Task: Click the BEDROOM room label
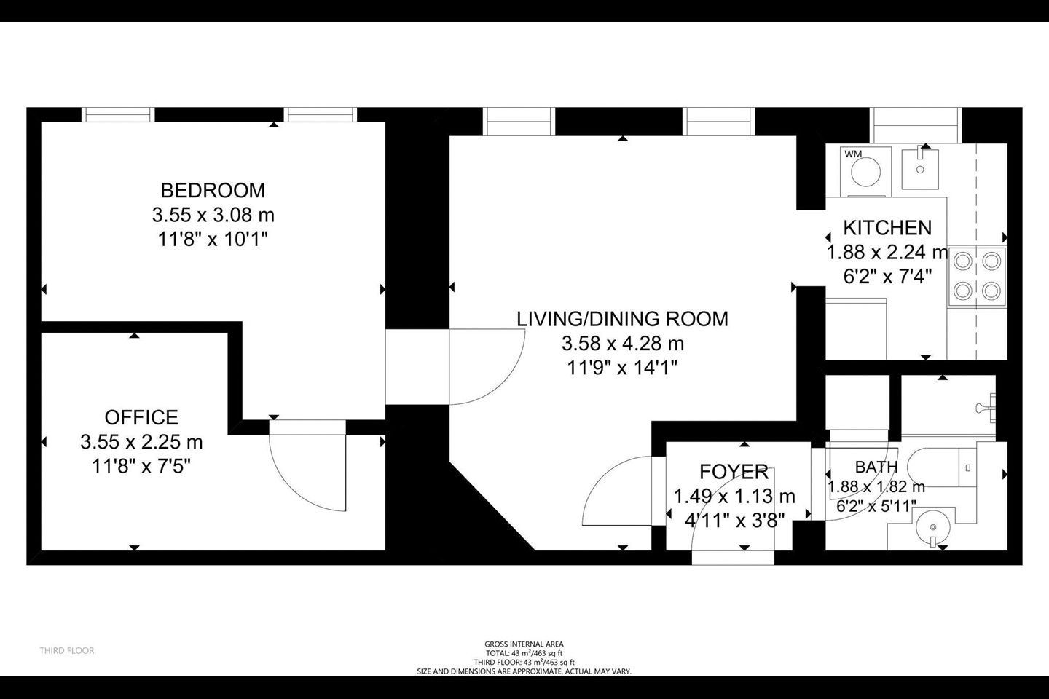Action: pos(212,190)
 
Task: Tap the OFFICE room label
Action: pos(141,417)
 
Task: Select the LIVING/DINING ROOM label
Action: pos(622,319)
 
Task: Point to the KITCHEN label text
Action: pos(887,227)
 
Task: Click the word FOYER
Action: pos(734,472)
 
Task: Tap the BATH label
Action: pos(876,467)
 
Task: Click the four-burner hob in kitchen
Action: pos(976,276)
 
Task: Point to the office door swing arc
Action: pos(306,473)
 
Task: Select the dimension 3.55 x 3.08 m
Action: pos(213,215)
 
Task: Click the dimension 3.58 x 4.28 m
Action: pos(622,343)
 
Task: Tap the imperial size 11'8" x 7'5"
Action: pos(141,466)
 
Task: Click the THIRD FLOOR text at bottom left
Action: pos(67,650)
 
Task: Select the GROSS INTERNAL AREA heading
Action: pos(524,644)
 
